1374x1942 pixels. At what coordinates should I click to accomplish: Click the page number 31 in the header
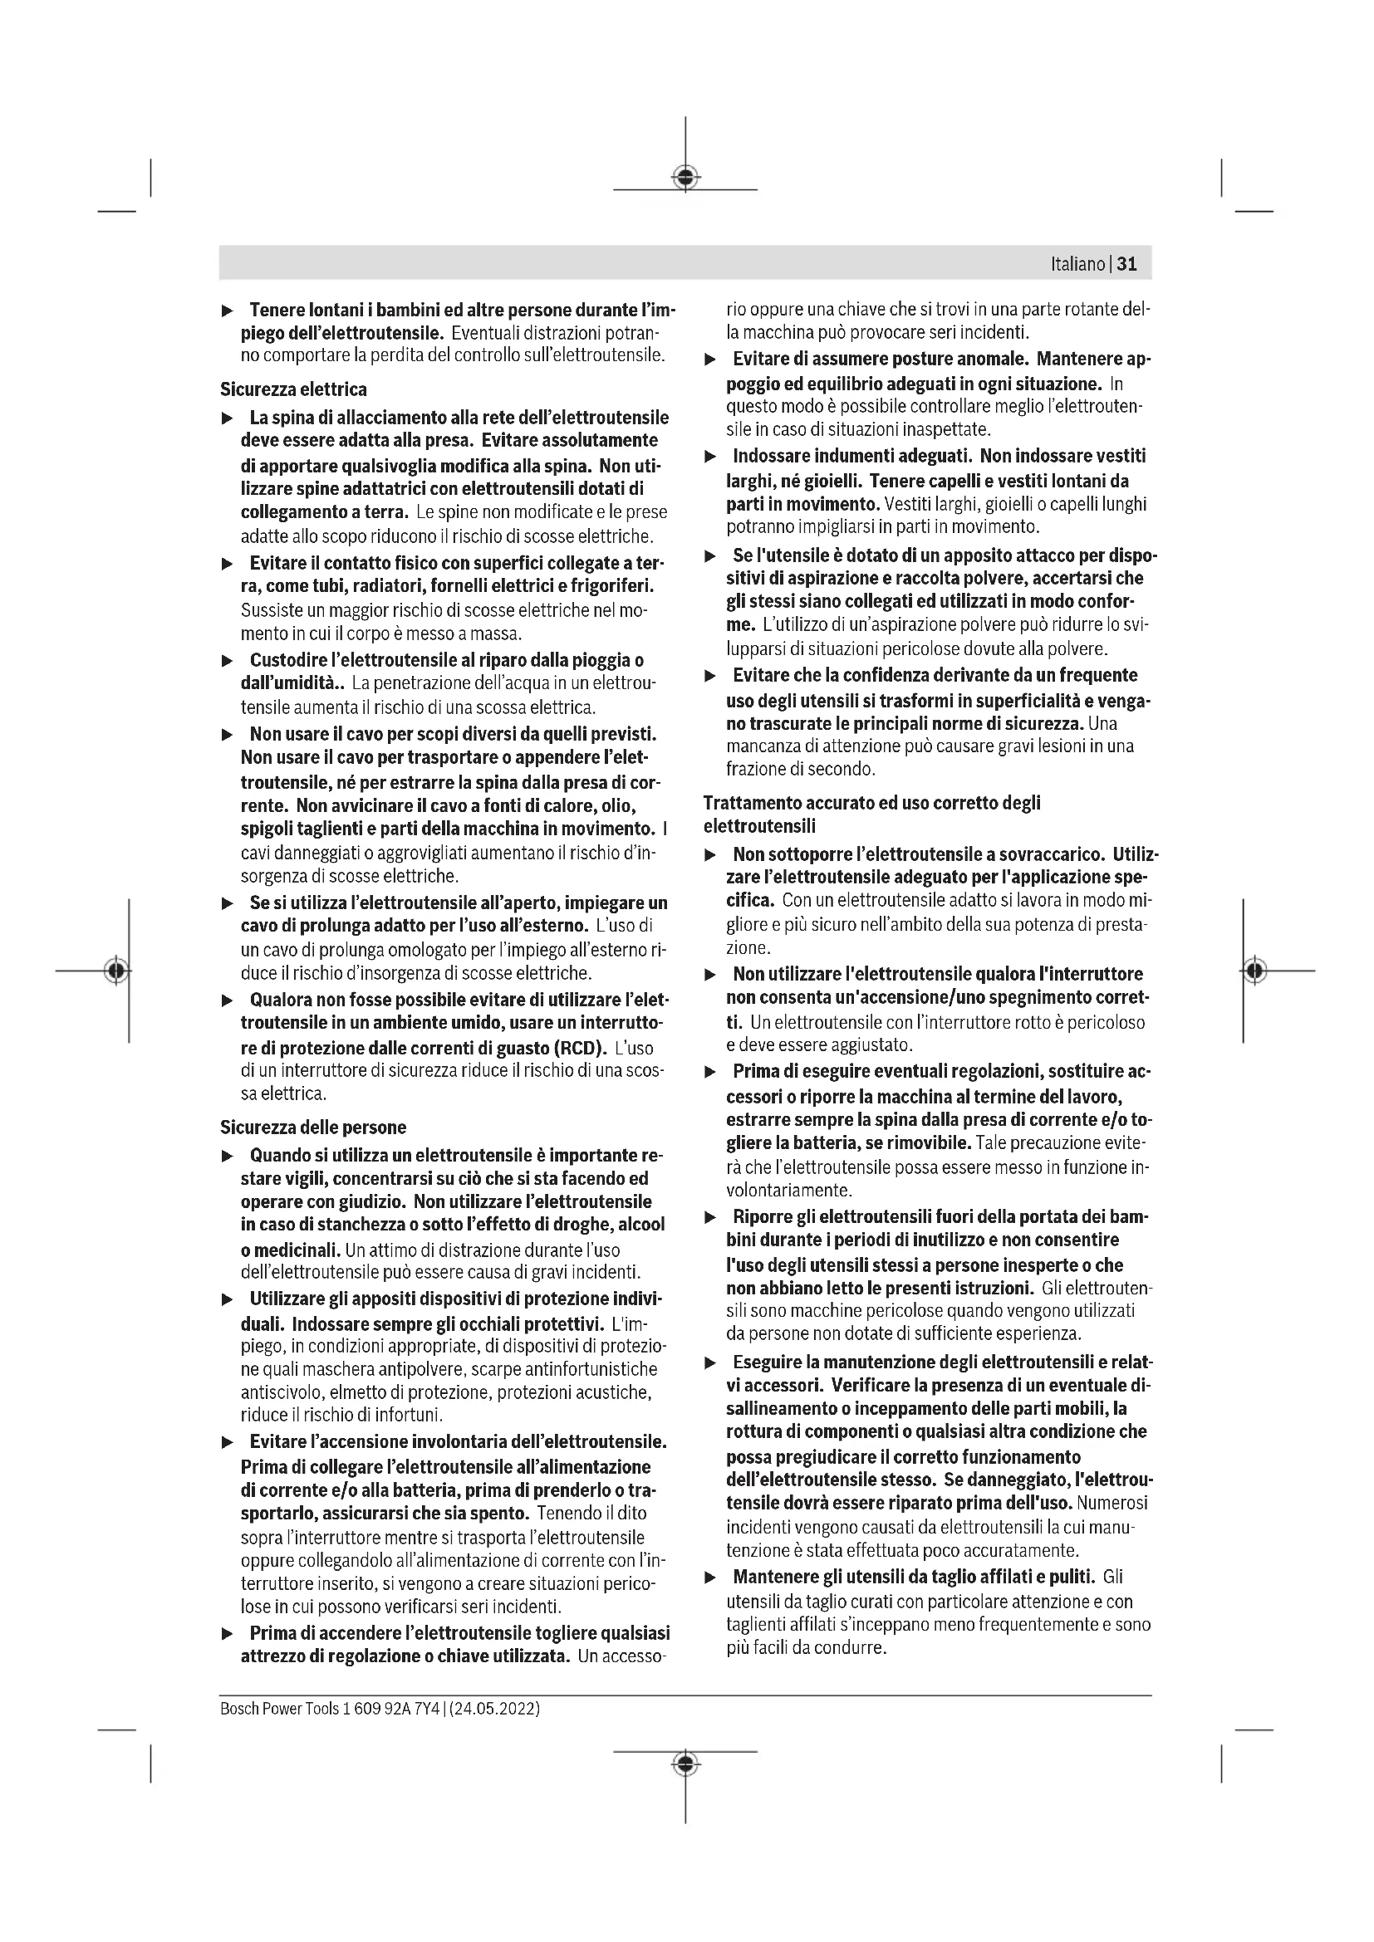pyautogui.click(x=1127, y=264)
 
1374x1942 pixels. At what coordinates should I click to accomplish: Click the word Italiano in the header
pyautogui.click(x=1077, y=264)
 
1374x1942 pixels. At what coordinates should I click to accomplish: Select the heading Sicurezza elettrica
pyautogui.click(x=293, y=389)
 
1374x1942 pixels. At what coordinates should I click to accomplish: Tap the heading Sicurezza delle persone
pyautogui.click(x=313, y=1128)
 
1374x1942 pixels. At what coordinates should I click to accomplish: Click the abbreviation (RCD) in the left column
pyautogui.click(x=579, y=1048)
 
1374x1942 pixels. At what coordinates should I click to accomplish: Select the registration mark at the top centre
pyautogui.click(x=685, y=178)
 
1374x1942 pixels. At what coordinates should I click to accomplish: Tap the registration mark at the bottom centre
pyautogui.click(x=685, y=1763)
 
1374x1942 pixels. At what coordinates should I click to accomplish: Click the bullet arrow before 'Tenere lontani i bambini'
pyautogui.click(x=227, y=311)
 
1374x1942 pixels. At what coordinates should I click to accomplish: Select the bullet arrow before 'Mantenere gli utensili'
pyautogui.click(x=711, y=1578)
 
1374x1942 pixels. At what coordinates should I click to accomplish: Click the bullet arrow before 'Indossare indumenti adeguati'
pyautogui.click(x=711, y=457)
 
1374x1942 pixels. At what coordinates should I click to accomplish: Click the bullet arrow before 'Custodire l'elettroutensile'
pyautogui.click(x=227, y=661)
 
